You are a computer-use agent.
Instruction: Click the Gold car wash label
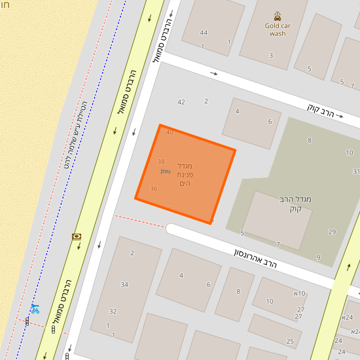(x=278, y=29)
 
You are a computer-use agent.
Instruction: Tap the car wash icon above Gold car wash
(x=278, y=16)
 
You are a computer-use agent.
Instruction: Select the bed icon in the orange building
(x=165, y=171)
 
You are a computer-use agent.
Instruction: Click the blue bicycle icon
(x=35, y=309)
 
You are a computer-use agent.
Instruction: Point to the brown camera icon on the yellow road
(x=77, y=236)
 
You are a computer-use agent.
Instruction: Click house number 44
(x=204, y=33)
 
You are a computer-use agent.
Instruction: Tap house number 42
(x=181, y=101)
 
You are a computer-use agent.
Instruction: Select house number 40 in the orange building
(x=170, y=132)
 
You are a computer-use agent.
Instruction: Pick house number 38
(x=161, y=161)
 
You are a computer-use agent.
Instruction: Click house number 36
(x=154, y=189)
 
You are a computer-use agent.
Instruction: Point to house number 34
(x=124, y=284)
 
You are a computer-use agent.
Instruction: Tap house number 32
(x=113, y=311)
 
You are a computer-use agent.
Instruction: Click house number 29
(x=332, y=232)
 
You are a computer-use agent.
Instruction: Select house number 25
(x=290, y=341)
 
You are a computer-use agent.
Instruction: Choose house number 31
(x=355, y=171)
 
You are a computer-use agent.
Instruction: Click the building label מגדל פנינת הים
(x=185, y=175)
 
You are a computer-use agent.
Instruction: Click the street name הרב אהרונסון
(x=255, y=257)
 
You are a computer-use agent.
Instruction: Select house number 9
(x=318, y=257)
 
